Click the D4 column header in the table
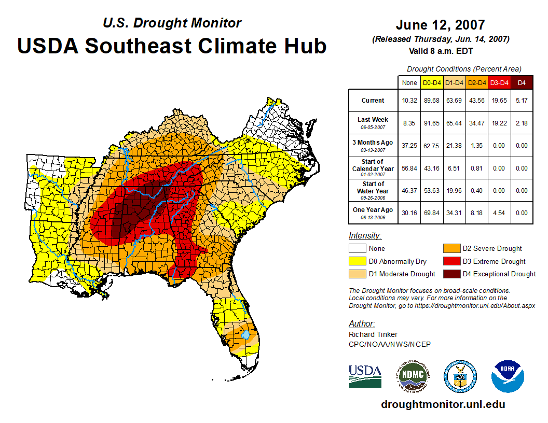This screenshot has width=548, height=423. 522,82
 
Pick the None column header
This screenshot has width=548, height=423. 409,82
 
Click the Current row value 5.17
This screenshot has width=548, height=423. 522,101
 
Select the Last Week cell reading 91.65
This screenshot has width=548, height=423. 432,123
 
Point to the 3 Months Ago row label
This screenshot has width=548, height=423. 373,145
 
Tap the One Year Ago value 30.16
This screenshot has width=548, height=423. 409,213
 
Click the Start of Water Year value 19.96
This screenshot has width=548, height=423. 455,190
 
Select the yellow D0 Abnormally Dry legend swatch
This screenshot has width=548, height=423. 358,261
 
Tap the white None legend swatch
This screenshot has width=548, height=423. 358,249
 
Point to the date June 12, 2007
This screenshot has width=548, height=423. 440,25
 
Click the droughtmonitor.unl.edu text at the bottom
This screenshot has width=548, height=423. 443,404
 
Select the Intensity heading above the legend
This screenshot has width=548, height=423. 365,236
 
